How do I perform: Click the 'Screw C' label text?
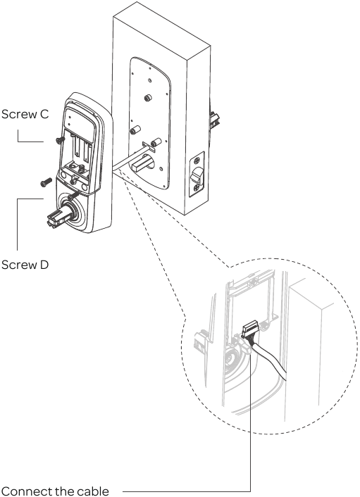25,114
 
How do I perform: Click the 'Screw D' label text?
25,266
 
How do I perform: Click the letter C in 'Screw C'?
44,114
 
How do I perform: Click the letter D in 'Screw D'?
44,266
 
